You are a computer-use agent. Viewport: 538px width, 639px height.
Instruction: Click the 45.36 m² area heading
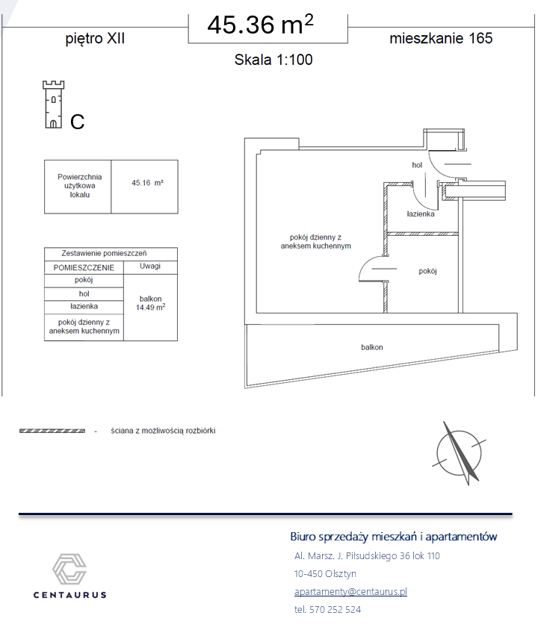pos(260,25)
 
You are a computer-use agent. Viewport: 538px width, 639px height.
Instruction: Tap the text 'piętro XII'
pos(95,39)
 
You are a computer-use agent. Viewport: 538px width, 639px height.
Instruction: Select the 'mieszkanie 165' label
pos(441,38)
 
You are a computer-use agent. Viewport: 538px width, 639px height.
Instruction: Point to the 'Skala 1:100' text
pos(273,60)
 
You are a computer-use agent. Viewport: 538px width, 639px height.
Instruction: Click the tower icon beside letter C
pos(54,105)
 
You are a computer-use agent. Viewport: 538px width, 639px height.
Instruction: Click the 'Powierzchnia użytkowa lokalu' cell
pos(79,186)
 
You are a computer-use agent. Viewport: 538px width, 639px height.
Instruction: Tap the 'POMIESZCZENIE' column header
pos(84,268)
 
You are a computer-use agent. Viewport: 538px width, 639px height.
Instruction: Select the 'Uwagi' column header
pos(150,266)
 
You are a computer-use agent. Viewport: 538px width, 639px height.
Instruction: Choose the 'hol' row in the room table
pos(84,294)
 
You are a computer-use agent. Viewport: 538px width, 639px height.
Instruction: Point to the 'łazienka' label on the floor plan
pos(421,214)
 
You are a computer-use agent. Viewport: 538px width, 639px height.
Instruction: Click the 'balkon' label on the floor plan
pos(372,347)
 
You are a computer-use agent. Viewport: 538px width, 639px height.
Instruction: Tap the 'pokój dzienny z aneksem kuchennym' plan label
pos(316,242)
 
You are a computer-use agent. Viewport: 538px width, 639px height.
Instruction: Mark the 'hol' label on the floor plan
pos(417,165)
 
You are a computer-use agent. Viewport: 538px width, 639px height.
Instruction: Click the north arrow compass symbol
pos(460,453)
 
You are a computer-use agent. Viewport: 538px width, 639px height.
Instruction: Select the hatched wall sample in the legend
pos(52,431)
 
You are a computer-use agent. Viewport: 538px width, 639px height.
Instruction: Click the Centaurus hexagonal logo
pos(69,569)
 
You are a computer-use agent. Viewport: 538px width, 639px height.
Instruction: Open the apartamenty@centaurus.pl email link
pos(350,591)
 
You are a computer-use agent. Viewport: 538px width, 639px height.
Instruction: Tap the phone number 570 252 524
pos(335,610)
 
